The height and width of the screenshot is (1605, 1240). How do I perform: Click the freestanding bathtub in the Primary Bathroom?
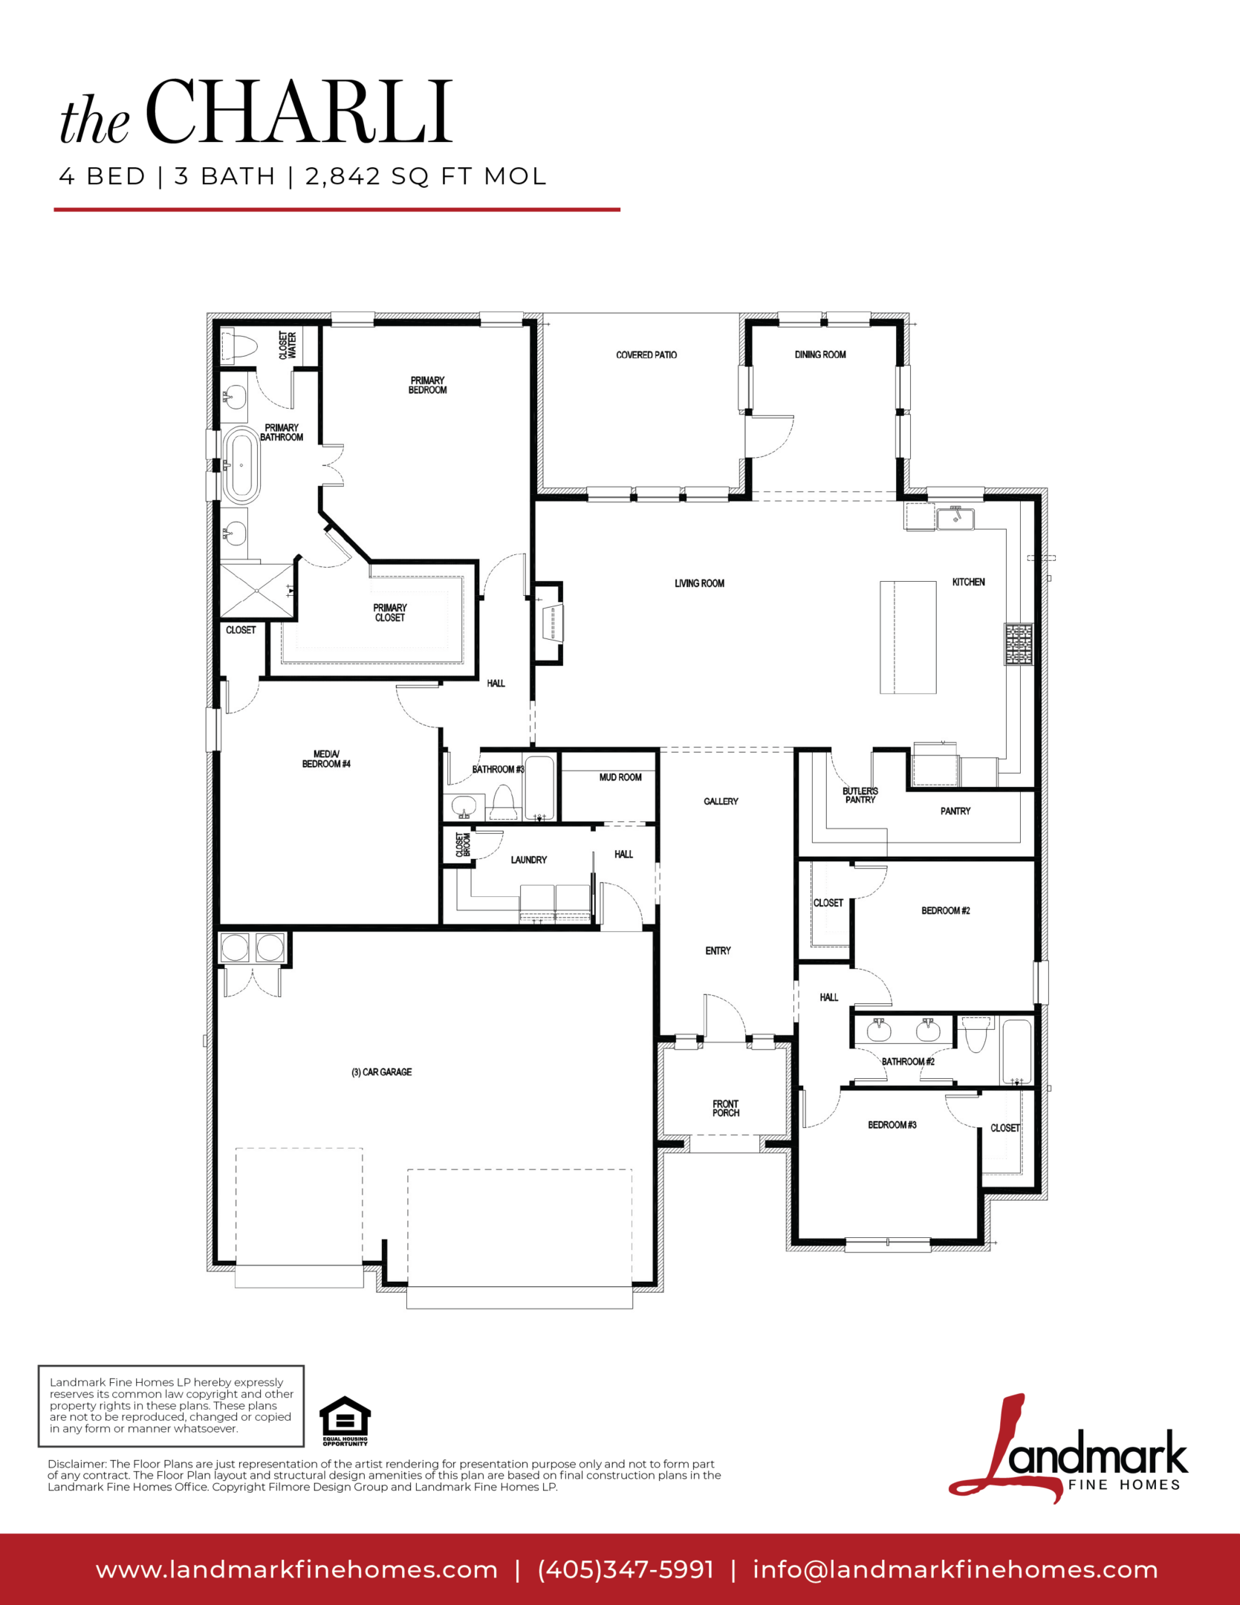coord(241,465)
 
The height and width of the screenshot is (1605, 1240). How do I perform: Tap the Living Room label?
coord(699,583)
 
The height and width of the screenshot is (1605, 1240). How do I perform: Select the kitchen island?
coord(908,638)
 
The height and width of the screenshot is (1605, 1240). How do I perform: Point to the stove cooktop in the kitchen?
coord(1019,643)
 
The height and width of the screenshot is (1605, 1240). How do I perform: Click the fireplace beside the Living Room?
coord(551,622)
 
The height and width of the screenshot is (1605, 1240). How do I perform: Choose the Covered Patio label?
coord(646,354)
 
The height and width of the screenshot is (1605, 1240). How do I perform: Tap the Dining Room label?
coord(820,354)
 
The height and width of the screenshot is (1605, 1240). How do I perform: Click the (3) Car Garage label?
coord(382,1071)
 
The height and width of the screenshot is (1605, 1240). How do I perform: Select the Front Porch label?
coord(726,1108)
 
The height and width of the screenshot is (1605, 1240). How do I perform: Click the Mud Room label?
coord(620,777)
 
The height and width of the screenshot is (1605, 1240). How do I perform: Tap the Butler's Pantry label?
coord(860,795)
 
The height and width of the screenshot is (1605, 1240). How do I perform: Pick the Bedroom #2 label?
coord(946,910)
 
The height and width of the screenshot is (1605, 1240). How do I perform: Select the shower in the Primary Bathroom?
coord(257,591)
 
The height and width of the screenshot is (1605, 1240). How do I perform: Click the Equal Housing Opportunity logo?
coord(345,1421)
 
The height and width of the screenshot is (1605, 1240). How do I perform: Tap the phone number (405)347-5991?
coord(626,1569)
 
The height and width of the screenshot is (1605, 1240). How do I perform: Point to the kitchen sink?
coord(955,518)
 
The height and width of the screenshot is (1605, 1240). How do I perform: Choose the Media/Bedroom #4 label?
coord(326,759)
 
